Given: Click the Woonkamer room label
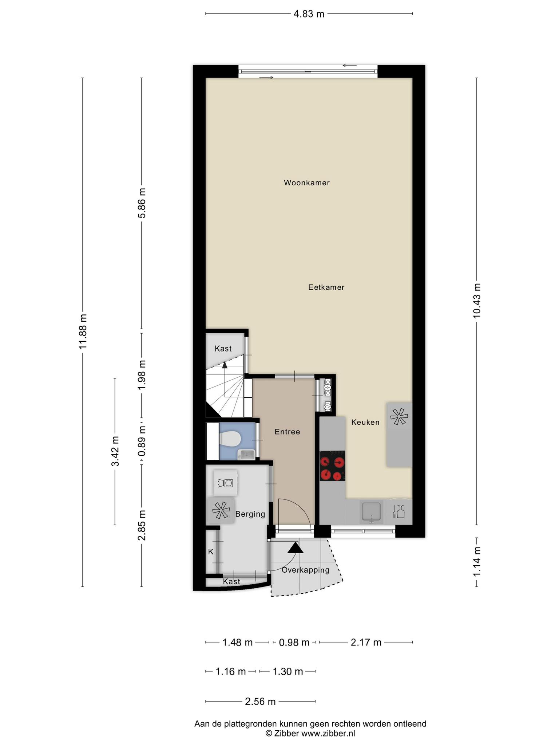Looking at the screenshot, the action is (307, 183).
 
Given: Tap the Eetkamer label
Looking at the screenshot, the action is (326, 287).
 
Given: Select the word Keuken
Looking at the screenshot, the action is (365, 422).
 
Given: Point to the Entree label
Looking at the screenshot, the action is (288, 432).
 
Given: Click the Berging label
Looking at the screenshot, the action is (250, 514).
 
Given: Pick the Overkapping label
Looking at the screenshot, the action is (305, 570).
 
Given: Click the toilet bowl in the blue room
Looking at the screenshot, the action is (230, 438).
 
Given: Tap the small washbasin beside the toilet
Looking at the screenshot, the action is (246, 454).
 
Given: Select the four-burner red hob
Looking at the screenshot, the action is (332, 466).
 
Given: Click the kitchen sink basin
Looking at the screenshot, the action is (371, 511).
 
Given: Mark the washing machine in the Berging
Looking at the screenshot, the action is (226, 483).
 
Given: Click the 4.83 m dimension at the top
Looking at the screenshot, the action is (309, 14).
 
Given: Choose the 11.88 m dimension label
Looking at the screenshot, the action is (83, 331).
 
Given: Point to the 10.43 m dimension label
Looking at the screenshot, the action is (477, 301).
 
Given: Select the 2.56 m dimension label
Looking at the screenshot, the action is (260, 701).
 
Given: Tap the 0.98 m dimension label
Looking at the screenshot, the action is (294, 642).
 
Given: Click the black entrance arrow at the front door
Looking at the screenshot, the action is (295, 547).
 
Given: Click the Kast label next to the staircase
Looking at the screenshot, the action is (223, 349).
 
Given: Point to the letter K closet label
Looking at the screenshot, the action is (211, 552).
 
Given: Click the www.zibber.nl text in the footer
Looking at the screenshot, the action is (328, 733).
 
